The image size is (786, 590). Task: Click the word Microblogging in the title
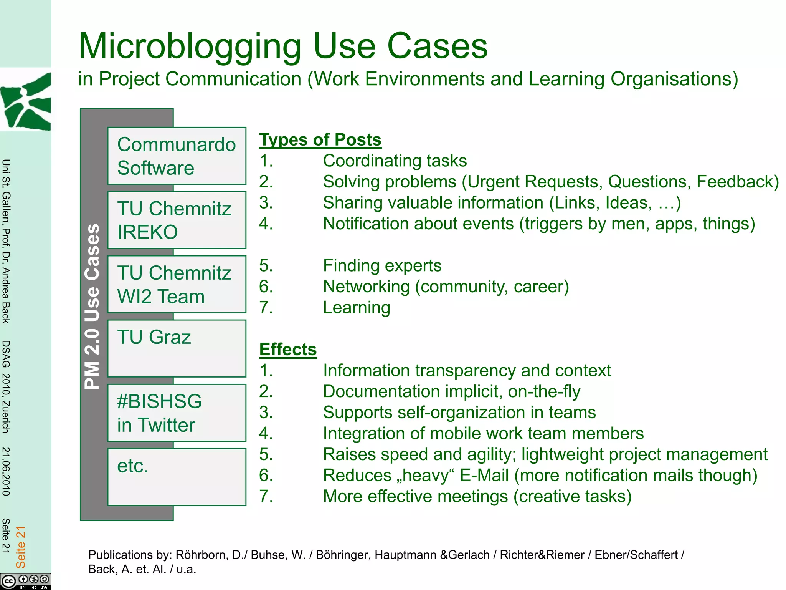pyautogui.click(x=190, y=47)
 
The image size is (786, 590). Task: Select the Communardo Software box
pyautogui.click(x=177, y=156)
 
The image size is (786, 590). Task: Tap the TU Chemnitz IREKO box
pyautogui.click(x=177, y=220)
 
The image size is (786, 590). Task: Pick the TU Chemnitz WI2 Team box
pyautogui.click(x=177, y=284)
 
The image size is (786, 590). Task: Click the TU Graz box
pyautogui.click(x=177, y=348)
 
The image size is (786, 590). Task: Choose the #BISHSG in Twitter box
pyautogui.click(x=177, y=413)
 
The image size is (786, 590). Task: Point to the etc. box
pyautogui.click(x=177, y=477)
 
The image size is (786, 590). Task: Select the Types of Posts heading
pyautogui.click(x=320, y=140)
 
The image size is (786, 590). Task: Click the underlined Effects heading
pyautogui.click(x=288, y=350)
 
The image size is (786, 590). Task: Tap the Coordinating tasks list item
pyautogui.click(x=395, y=161)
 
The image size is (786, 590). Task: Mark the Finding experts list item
pyautogui.click(x=382, y=266)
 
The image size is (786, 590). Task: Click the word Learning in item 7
pyautogui.click(x=357, y=308)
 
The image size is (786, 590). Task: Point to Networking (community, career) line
pyautogui.click(x=446, y=287)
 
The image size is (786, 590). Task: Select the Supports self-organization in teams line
pyautogui.click(x=459, y=413)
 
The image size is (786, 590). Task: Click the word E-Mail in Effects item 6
pyautogui.click(x=484, y=476)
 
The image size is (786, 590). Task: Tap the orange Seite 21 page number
pyautogui.click(x=20, y=547)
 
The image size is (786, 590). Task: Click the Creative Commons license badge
pyautogui.click(x=25, y=581)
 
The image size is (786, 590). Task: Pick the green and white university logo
pyautogui.click(x=26, y=101)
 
